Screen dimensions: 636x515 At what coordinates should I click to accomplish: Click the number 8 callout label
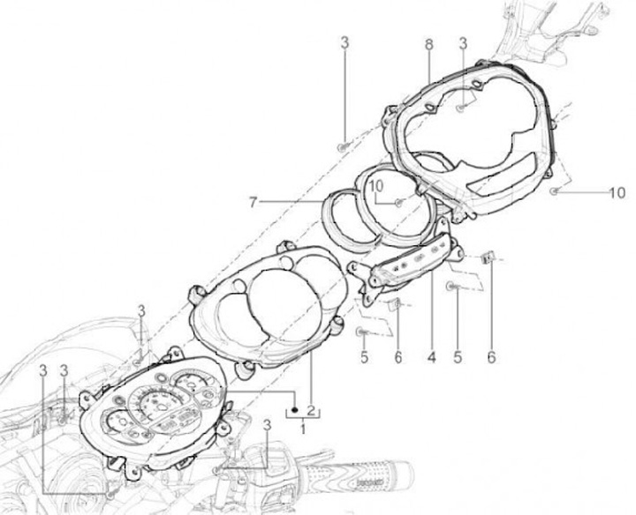point(428,43)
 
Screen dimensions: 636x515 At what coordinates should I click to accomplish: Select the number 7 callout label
point(253,203)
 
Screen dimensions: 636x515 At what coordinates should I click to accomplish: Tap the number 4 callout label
point(432,359)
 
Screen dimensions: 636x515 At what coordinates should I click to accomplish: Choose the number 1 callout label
point(304,428)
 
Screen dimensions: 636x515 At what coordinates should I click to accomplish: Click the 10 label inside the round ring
point(375,187)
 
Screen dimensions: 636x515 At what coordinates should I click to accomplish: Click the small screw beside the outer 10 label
point(554,190)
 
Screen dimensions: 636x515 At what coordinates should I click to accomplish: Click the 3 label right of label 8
point(463,43)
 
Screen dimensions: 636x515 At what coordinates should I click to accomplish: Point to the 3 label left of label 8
point(344,43)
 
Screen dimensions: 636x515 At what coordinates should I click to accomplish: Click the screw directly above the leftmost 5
point(362,332)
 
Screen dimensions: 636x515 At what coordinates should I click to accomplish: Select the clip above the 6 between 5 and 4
point(397,305)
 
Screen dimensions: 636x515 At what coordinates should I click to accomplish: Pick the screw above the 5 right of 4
point(453,287)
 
